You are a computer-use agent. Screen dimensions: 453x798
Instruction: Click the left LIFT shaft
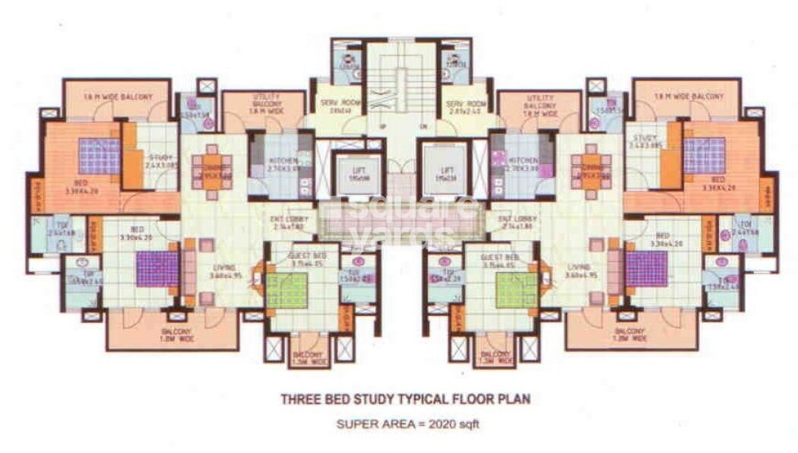click(x=350, y=174)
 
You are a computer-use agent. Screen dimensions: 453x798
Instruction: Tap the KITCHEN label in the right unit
click(x=524, y=160)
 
